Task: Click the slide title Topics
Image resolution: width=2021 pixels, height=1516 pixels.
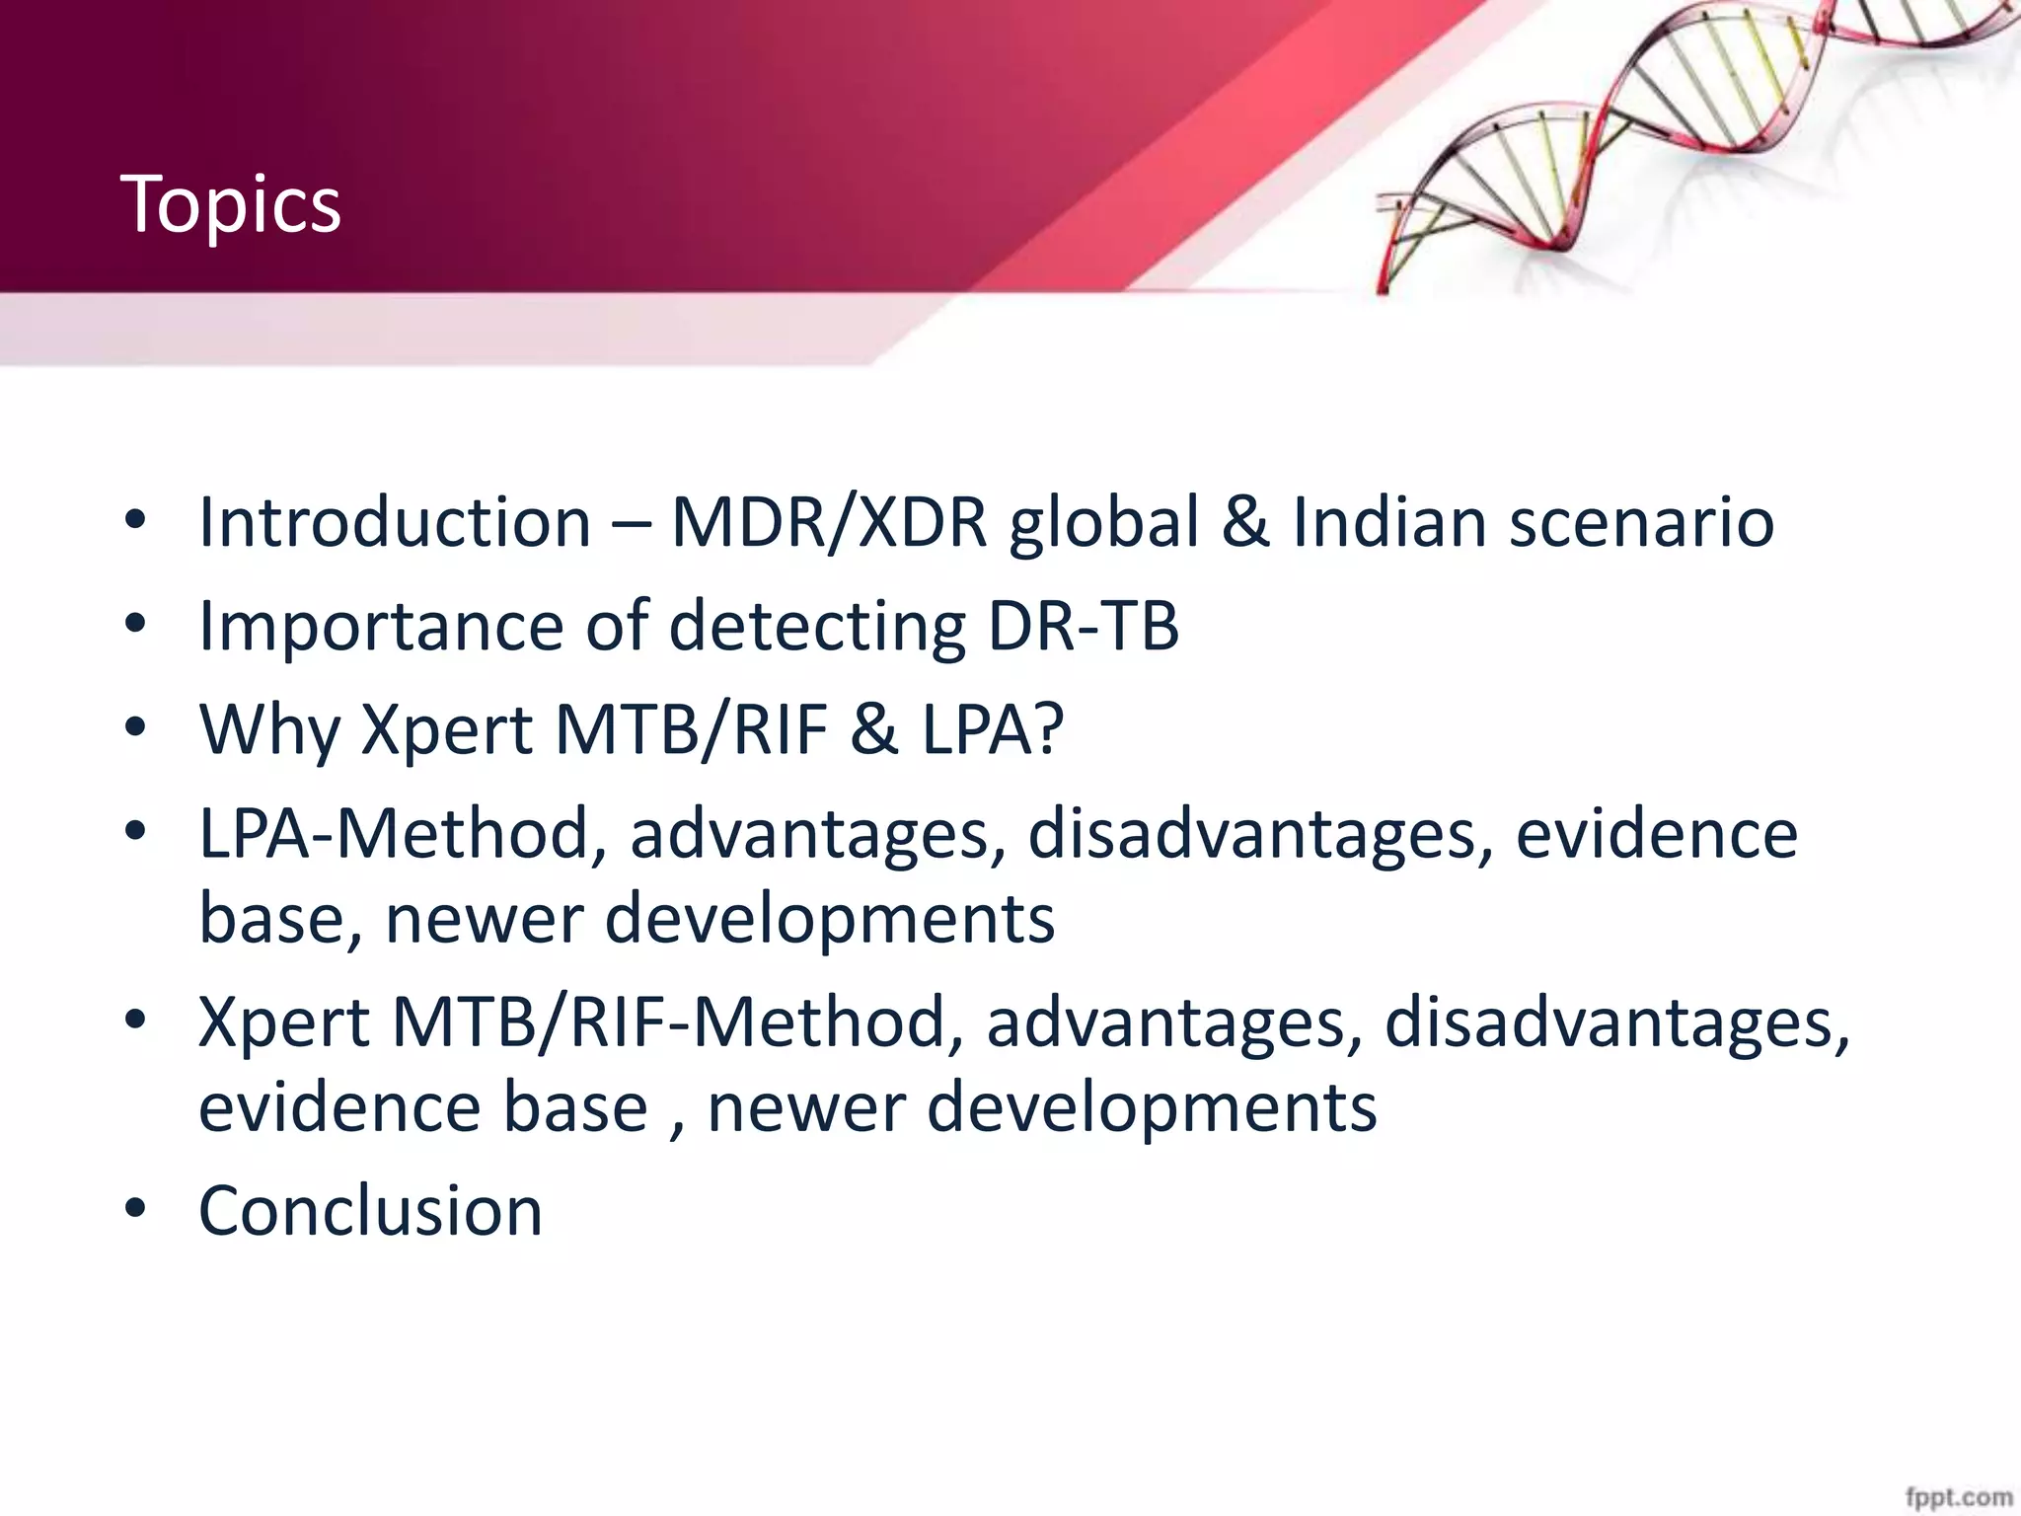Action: coord(230,204)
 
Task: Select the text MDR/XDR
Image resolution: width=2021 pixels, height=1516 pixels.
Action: coord(829,522)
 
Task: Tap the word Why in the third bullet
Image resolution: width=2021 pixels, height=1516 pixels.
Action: coord(269,730)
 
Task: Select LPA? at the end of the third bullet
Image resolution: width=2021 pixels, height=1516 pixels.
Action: coord(993,730)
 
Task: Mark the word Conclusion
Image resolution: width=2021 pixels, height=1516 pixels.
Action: coord(370,1211)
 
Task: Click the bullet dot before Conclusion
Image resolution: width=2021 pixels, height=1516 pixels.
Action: coord(135,1208)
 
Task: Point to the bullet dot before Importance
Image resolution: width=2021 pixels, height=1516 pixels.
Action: coord(135,624)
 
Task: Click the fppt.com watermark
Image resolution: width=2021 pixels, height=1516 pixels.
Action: coord(1958,1497)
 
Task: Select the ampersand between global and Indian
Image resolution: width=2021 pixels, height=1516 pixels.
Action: coord(1245,522)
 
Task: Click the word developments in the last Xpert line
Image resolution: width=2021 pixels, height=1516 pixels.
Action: coord(1151,1107)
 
